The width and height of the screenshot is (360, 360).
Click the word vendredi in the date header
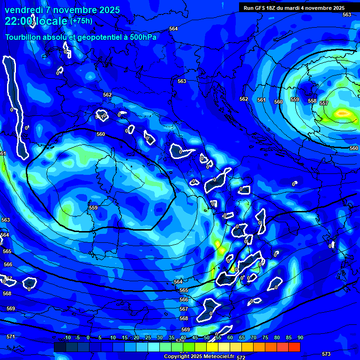[x=23, y=10]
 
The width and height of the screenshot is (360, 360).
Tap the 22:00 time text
[x=19, y=21]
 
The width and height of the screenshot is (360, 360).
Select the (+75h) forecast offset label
[x=81, y=21]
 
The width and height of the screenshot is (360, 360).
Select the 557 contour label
[x=324, y=103]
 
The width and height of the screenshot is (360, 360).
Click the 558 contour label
[x=312, y=101]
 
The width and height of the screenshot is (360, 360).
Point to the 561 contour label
[x=261, y=100]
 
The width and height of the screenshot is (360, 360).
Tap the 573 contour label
[x=326, y=354]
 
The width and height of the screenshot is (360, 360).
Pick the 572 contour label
[x=241, y=357]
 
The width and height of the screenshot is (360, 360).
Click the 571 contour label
[x=11, y=337]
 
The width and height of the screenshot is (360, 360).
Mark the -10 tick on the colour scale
[x=67, y=337]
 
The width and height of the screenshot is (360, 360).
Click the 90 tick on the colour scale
[x=300, y=337]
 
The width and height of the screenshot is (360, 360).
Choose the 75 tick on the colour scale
[x=265, y=337]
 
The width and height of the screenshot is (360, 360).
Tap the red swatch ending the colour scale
[x=294, y=347]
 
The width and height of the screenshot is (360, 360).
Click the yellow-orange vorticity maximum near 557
[x=343, y=113]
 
